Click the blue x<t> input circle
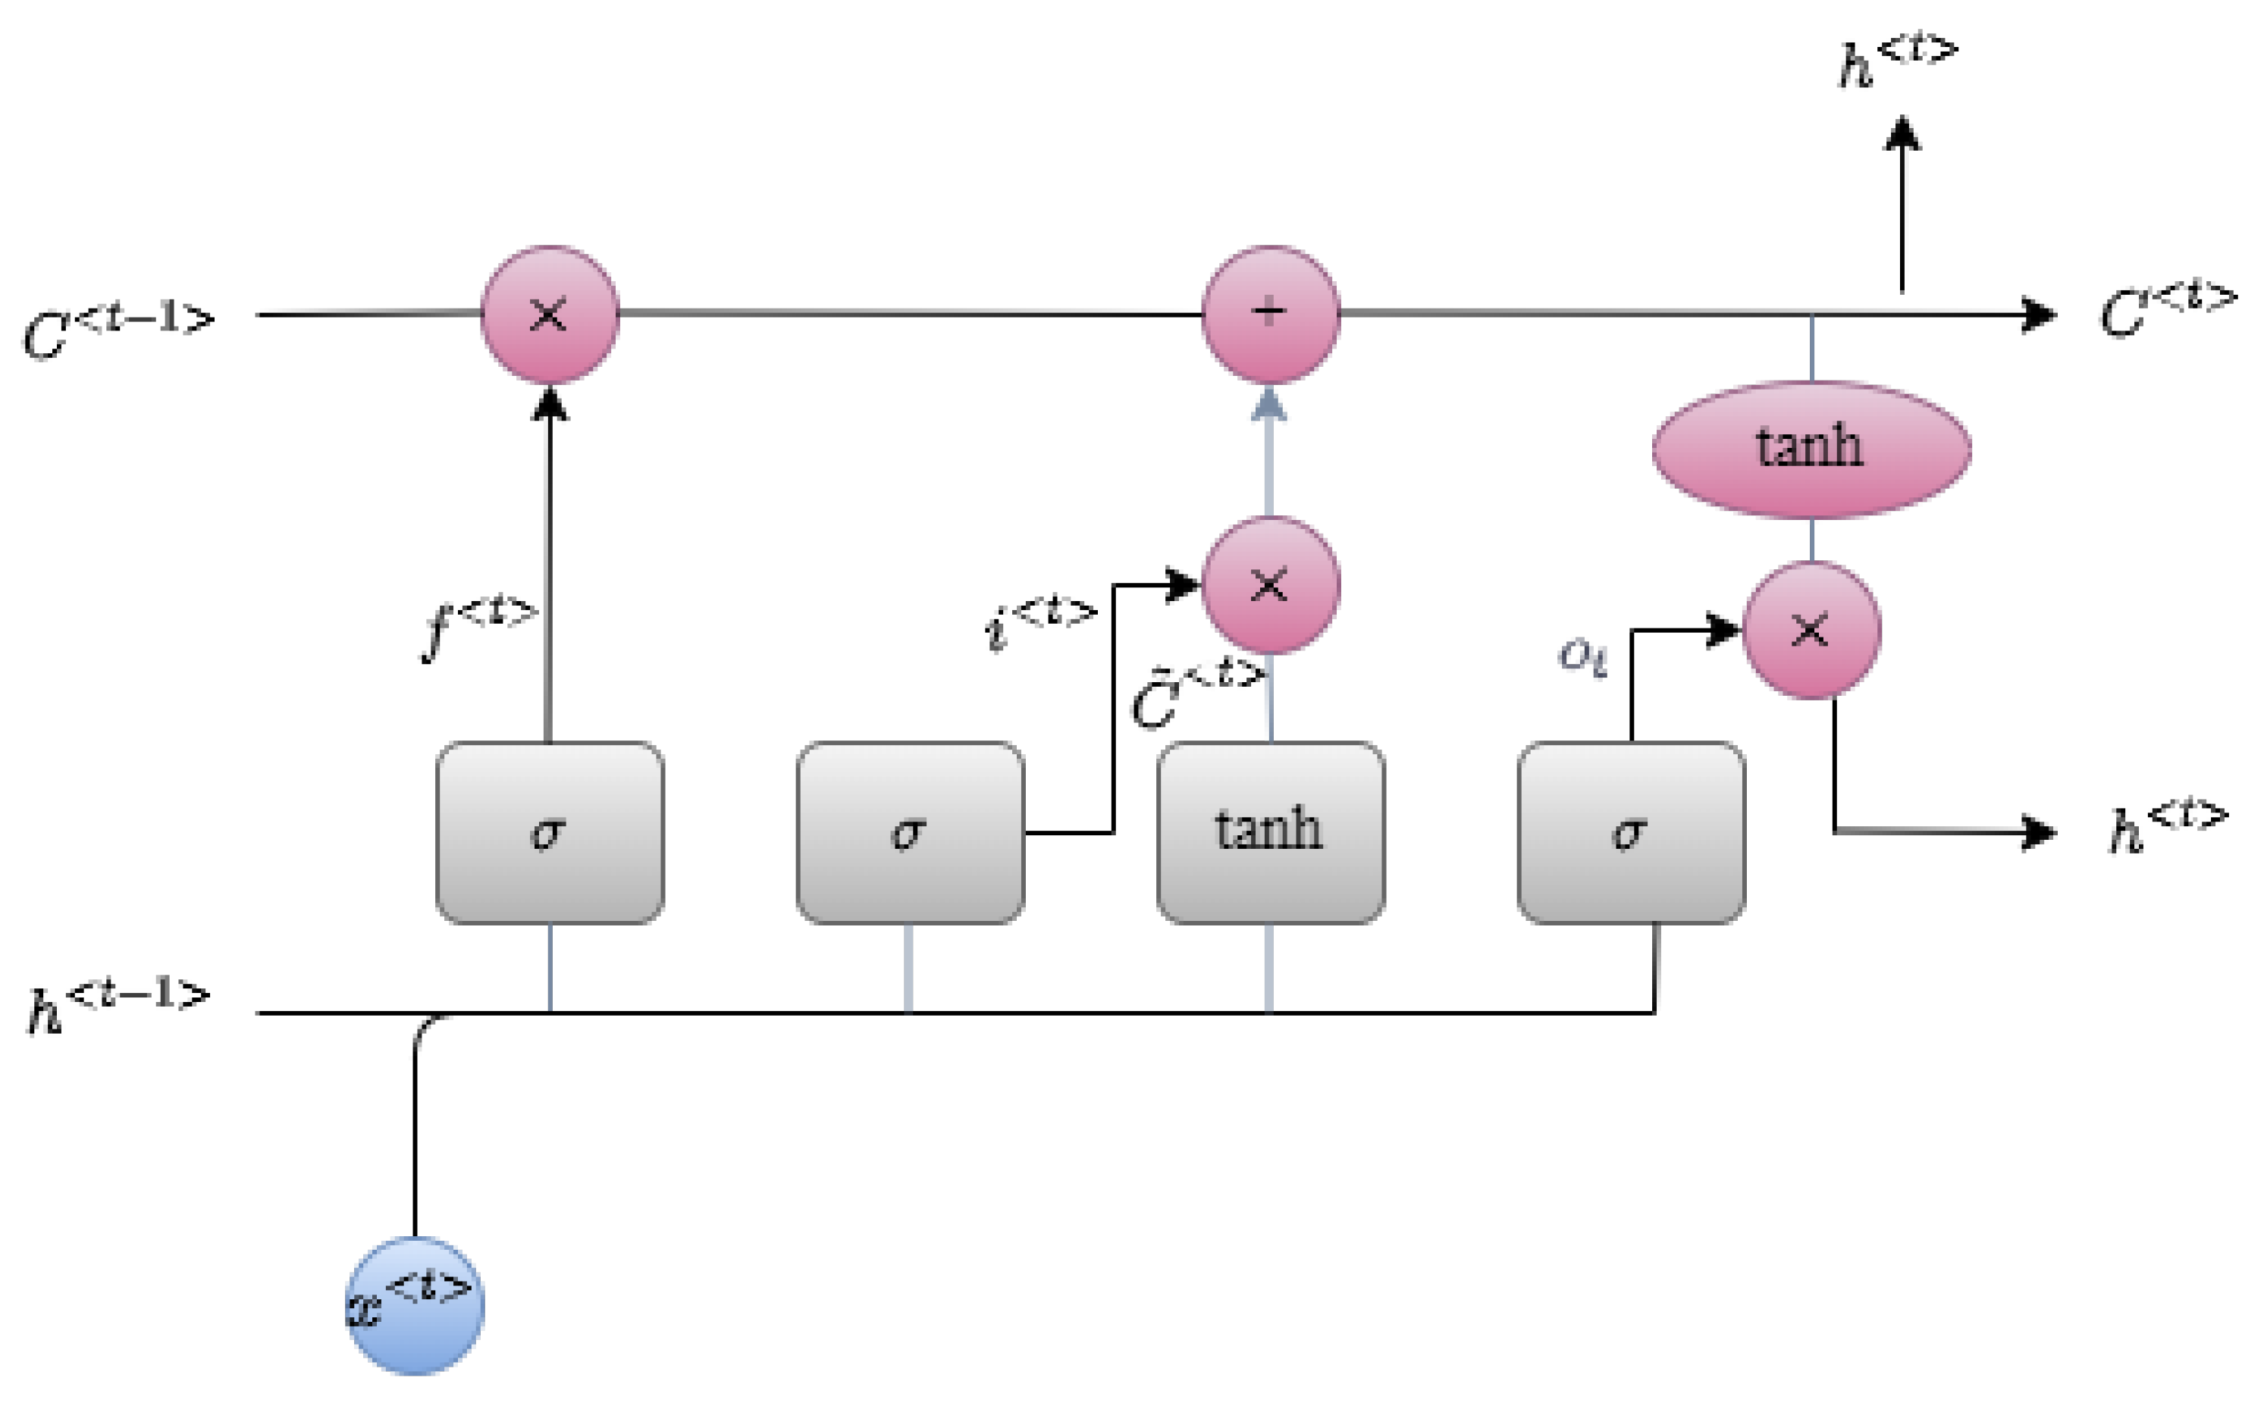coord(415,1304)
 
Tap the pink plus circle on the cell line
coord(1270,313)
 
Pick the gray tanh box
coord(1270,832)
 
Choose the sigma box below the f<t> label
coord(549,832)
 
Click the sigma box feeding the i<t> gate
coord(910,832)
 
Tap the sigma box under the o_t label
coord(1631,832)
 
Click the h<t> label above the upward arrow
coord(1898,61)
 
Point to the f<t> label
coord(479,628)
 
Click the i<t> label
coord(1040,622)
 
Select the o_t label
coord(1582,656)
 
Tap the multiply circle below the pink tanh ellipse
coord(1811,631)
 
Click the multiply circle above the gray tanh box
coord(1270,585)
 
